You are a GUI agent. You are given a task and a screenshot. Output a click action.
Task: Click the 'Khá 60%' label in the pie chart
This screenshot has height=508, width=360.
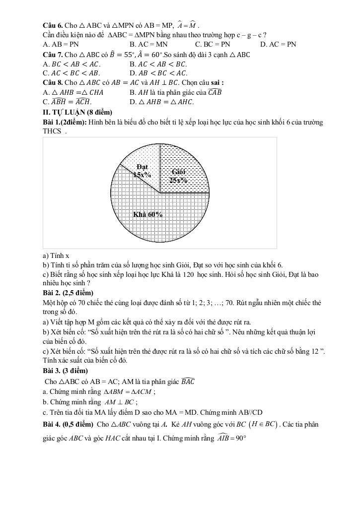tap(147, 214)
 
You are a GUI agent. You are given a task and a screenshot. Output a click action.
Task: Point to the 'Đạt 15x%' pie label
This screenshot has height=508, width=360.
tap(142, 171)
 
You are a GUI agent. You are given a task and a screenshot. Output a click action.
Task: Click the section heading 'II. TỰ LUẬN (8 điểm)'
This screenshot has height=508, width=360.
tap(77, 112)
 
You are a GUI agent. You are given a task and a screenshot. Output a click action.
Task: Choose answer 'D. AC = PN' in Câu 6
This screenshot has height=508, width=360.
tap(278, 44)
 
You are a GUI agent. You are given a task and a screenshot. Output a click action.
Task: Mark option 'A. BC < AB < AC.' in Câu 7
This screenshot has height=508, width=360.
tap(72, 64)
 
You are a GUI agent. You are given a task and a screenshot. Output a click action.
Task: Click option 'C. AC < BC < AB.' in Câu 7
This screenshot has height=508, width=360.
tap(72, 73)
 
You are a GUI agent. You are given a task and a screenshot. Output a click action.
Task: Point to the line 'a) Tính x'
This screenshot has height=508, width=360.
tap(56, 255)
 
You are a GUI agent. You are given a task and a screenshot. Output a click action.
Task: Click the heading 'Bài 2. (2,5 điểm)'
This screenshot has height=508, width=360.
tap(68, 293)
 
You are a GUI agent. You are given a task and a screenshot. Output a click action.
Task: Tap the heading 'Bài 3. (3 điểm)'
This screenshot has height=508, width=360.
tap(66, 371)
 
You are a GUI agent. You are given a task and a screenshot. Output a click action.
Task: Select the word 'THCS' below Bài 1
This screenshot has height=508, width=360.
tap(53, 131)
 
